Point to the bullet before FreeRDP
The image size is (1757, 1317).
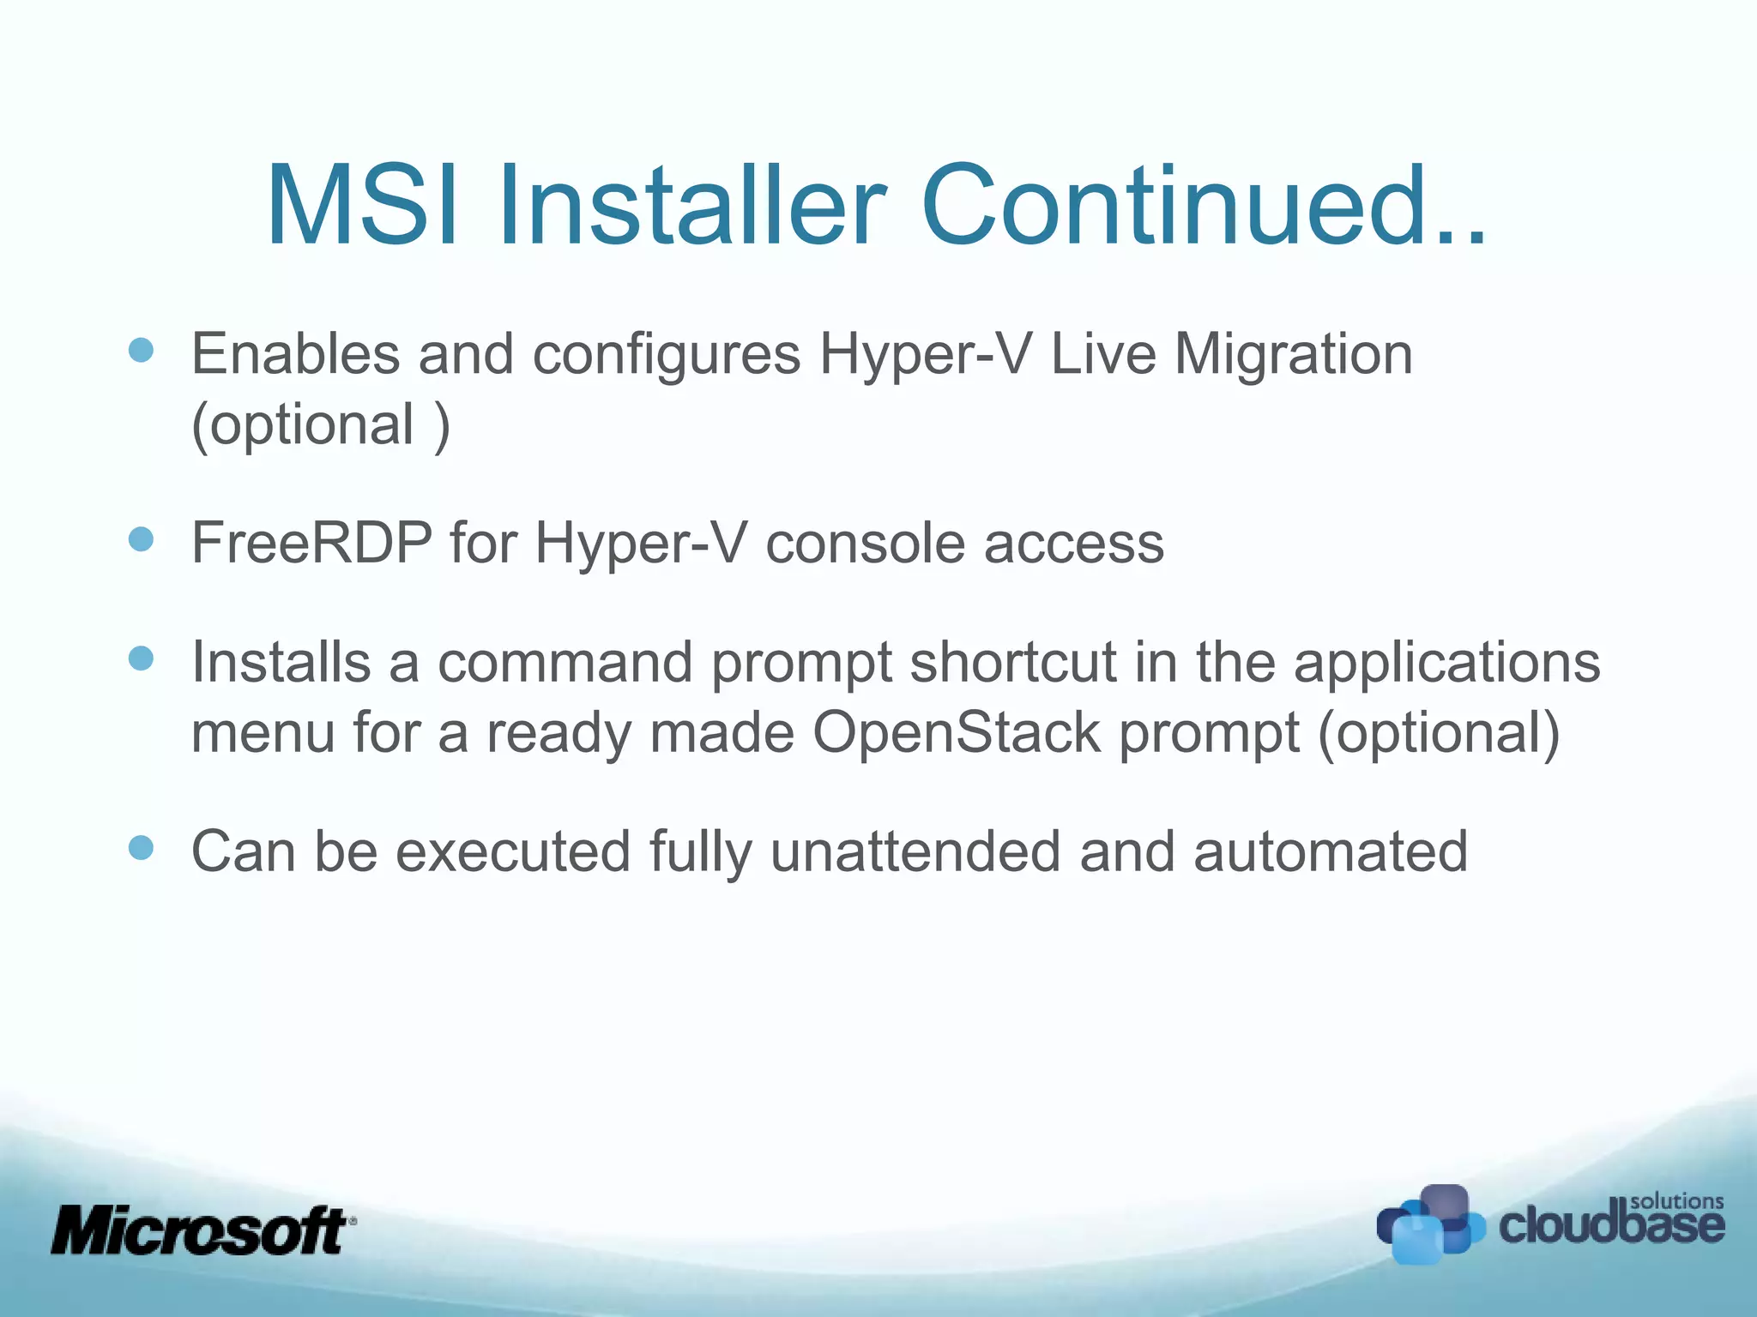tap(141, 539)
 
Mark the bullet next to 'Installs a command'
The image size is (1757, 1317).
tap(141, 658)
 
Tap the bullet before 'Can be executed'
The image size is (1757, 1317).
tap(141, 848)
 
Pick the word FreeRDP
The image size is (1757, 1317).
tap(311, 543)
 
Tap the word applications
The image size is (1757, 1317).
tap(1446, 665)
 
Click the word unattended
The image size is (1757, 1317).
tap(915, 851)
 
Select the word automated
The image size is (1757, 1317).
tap(1330, 851)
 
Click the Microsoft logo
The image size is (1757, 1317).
tap(202, 1231)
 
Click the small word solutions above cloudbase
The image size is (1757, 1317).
tap(1676, 1201)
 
